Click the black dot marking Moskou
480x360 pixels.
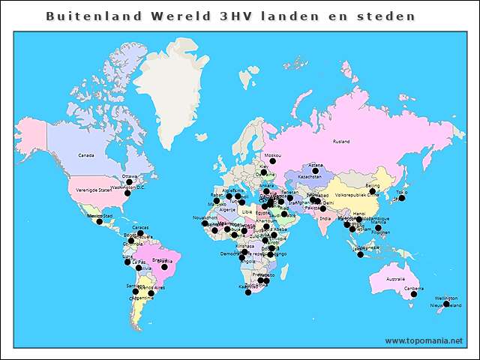pyautogui.click(x=273, y=161)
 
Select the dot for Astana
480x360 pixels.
pyautogui.click(x=316, y=171)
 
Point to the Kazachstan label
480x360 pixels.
pyautogui.click(x=310, y=177)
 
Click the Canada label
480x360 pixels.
pyautogui.click(x=86, y=155)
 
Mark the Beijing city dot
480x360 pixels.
pyautogui.click(x=373, y=191)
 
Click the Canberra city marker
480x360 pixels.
pyautogui.click(x=414, y=295)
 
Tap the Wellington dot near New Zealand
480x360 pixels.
pyautogui.click(x=446, y=304)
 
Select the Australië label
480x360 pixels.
pyautogui.click(x=395, y=279)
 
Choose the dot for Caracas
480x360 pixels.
pyautogui.click(x=140, y=233)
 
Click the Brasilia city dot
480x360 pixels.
pyautogui.click(x=163, y=265)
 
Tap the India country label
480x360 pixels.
pyautogui.click(x=324, y=218)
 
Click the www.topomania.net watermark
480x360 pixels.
pyautogui.click(x=424, y=340)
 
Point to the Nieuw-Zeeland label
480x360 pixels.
pyautogui.click(x=445, y=306)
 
